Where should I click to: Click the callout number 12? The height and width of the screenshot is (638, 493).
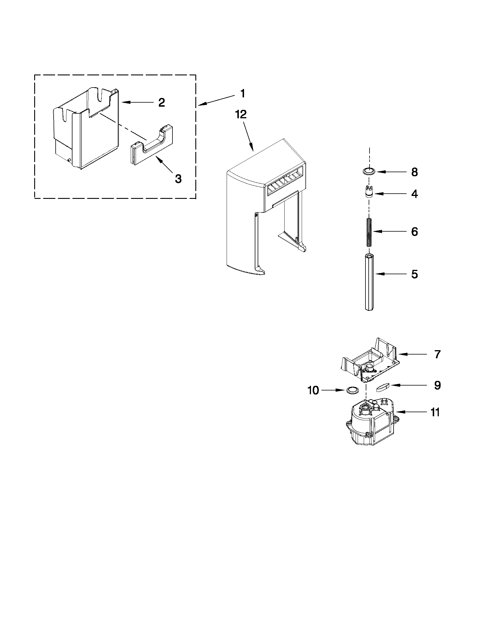[241, 114]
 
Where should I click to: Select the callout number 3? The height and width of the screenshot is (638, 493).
[178, 179]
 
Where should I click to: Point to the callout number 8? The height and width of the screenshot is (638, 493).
[414, 172]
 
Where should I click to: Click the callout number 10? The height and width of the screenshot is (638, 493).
[313, 390]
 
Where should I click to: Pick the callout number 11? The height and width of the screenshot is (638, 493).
[435, 412]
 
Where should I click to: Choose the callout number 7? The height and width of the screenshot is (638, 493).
[437, 354]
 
